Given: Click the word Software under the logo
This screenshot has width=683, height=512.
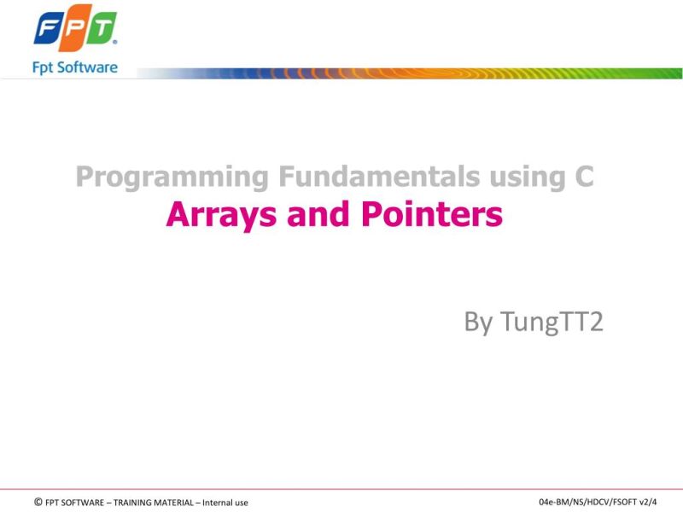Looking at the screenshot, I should (89, 67).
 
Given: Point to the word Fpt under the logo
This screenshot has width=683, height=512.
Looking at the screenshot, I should (45, 67).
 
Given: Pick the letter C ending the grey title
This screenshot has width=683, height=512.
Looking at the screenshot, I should (582, 177).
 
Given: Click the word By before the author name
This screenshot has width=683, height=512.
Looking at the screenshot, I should (478, 323).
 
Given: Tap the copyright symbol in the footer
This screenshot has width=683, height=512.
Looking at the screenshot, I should (38, 502).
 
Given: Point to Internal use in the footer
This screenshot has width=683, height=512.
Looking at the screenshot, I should (225, 503).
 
